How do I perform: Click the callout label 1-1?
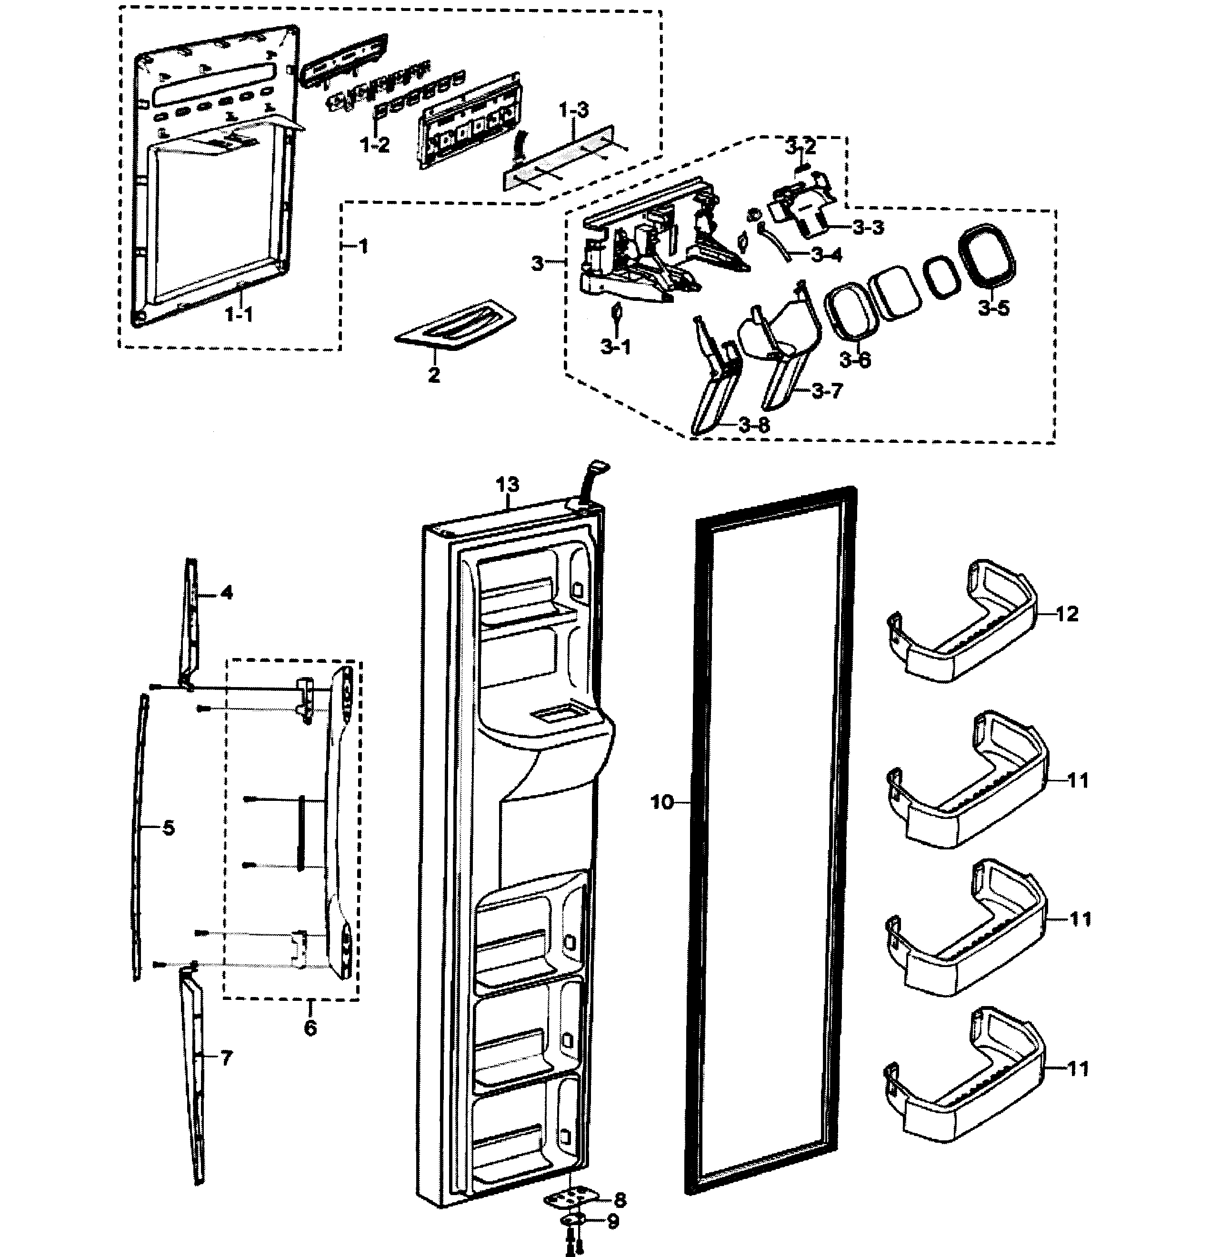pos(238,314)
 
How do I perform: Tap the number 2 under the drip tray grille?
pos(434,375)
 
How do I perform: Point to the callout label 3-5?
pos(993,309)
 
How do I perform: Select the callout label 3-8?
pos(754,425)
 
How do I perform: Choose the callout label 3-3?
pos(869,227)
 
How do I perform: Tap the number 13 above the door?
pos(507,485)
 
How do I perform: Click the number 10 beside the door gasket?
pos(662,802)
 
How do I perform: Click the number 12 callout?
pos(1067,614)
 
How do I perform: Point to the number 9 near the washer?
pos(613,1222)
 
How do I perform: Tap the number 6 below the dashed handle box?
pos(310,1028)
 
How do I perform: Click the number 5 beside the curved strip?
pos(168,828)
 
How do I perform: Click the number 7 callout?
pos(226,1057)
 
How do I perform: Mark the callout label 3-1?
pos(615,348)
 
